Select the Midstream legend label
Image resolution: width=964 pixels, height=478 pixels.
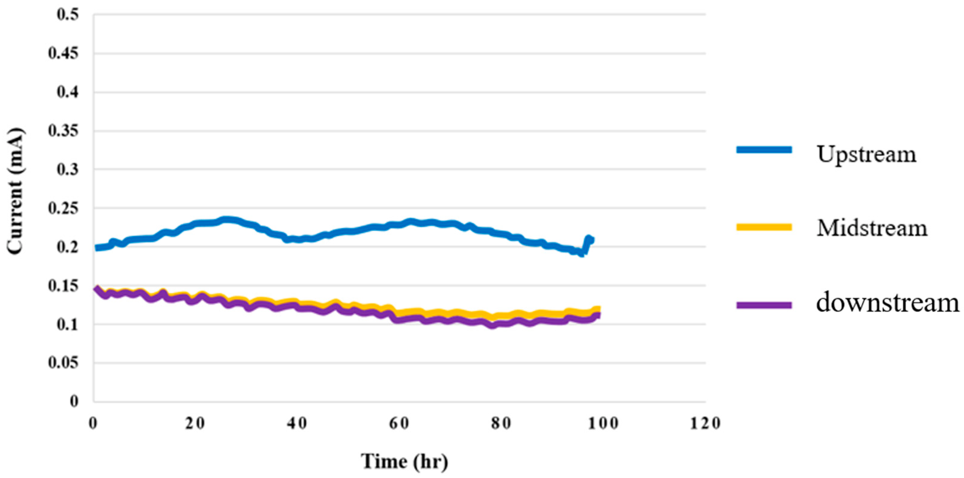click(872, 228)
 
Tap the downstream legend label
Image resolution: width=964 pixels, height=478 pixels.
click(888, 303)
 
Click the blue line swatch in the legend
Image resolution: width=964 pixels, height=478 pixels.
click(764, 150)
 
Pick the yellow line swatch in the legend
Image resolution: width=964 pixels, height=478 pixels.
click(764, 227)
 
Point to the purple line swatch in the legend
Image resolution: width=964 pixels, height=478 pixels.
click(764, 305)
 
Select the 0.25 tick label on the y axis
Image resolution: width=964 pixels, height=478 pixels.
click(64, 208)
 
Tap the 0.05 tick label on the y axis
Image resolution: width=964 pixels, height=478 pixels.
click(64, 363)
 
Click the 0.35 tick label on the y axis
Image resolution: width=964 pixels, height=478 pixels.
click(64, 131)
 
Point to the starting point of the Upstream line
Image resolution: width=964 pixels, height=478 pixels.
click(97, 248)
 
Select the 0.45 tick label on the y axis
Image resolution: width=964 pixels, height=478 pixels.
click(64, 54)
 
